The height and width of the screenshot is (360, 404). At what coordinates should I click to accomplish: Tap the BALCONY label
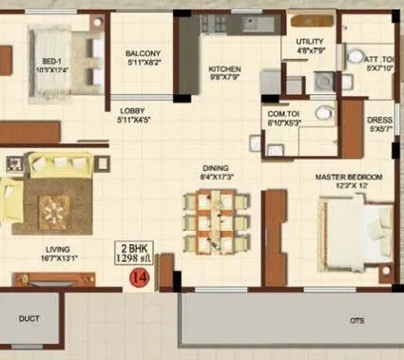tap(145, 53)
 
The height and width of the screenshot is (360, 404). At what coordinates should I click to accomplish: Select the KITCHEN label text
tap(225, 69)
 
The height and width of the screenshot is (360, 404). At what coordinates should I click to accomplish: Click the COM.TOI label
tap(284, 114)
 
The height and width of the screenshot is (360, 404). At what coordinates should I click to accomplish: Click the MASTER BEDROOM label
tap(350, 178)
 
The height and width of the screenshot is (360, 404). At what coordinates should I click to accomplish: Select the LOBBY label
tap(132, 110)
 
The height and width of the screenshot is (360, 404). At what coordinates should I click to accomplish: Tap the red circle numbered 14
tap(140, 278)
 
